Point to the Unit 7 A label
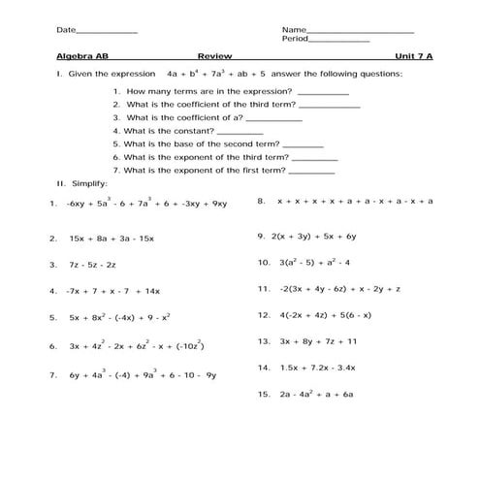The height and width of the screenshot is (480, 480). tap(414, 56)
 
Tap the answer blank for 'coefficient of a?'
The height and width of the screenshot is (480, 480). tap(275, 119)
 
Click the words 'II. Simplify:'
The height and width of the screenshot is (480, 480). tap(82, 182)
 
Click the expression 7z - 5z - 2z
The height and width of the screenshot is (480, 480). tap(93, 264)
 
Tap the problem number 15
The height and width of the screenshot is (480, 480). tap(263, 395)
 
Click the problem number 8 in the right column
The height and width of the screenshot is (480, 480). tap(261, 202)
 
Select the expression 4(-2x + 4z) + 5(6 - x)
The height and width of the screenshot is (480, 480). tap(326, 315)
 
